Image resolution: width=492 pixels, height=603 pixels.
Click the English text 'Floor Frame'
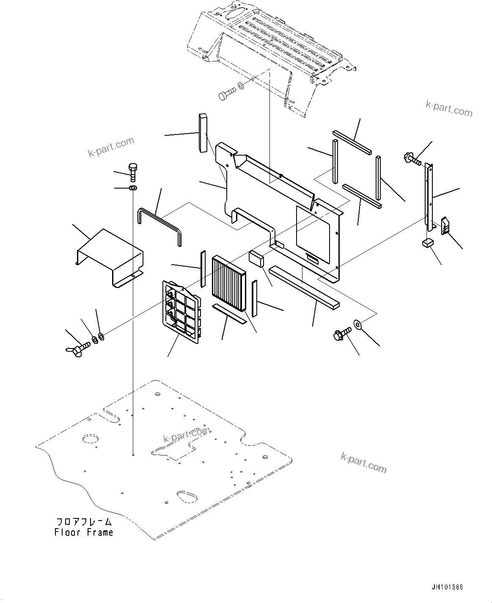point(84,532)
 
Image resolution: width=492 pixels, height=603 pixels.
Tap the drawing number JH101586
point(447,587)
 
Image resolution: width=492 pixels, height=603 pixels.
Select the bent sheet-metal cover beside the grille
point(109,256)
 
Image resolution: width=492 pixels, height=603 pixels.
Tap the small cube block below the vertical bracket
point(427,242)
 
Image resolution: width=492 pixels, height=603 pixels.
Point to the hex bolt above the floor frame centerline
point(132,172)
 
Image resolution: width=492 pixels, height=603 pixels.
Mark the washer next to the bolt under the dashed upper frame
point(241,86)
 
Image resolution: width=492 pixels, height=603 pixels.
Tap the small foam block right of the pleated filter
point(256,258)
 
